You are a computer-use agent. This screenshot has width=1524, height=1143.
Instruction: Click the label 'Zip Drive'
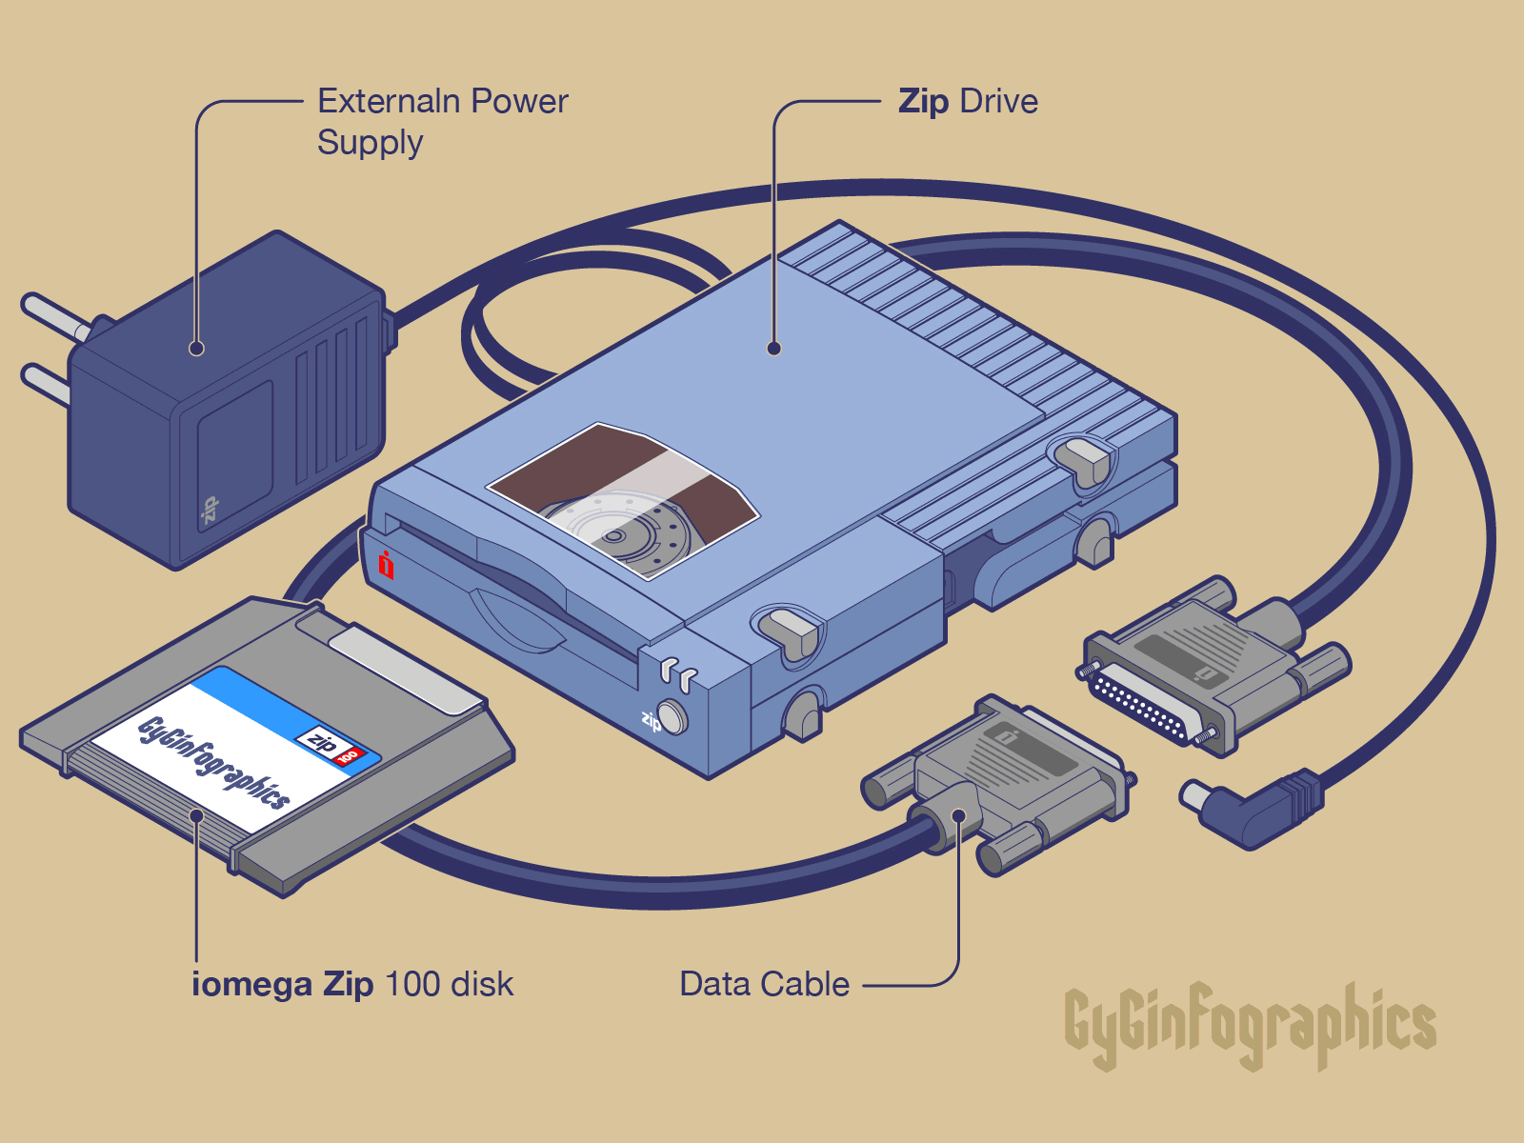tap(968, 101)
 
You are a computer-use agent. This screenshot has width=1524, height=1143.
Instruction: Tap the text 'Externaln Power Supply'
tap(442, 121)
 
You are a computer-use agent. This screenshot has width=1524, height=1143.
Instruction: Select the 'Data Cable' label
tap(764, 984)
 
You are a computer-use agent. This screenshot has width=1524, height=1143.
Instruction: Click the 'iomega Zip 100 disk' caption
tap(352, 984)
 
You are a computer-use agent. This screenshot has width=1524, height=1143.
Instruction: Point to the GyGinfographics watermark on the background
tap(1250, 1026)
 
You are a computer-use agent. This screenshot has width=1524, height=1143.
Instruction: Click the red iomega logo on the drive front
tap(386, 565)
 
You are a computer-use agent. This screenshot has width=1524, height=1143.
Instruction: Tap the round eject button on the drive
tap(672, 716)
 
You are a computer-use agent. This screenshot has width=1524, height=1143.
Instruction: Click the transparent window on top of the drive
tap(624, 500)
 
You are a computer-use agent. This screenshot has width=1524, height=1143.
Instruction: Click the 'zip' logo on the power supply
tap(209, 511)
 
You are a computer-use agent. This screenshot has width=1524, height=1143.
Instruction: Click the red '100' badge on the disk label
tap(349, 756)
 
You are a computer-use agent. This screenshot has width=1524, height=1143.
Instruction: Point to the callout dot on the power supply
tap(197, 349)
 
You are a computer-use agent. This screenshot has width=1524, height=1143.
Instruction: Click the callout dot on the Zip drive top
tap(774, 349)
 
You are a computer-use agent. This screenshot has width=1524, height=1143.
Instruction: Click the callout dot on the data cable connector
tap(959, 815)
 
